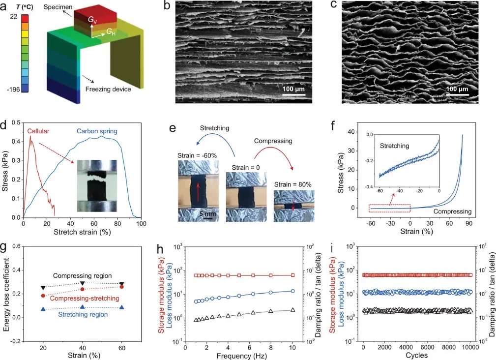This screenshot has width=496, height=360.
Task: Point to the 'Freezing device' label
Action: click(108, 90)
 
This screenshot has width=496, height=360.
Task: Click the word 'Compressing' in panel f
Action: click(452, 211)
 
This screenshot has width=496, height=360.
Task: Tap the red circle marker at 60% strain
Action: click(121, 287)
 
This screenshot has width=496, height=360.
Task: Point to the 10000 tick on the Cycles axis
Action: click(470, 346)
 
